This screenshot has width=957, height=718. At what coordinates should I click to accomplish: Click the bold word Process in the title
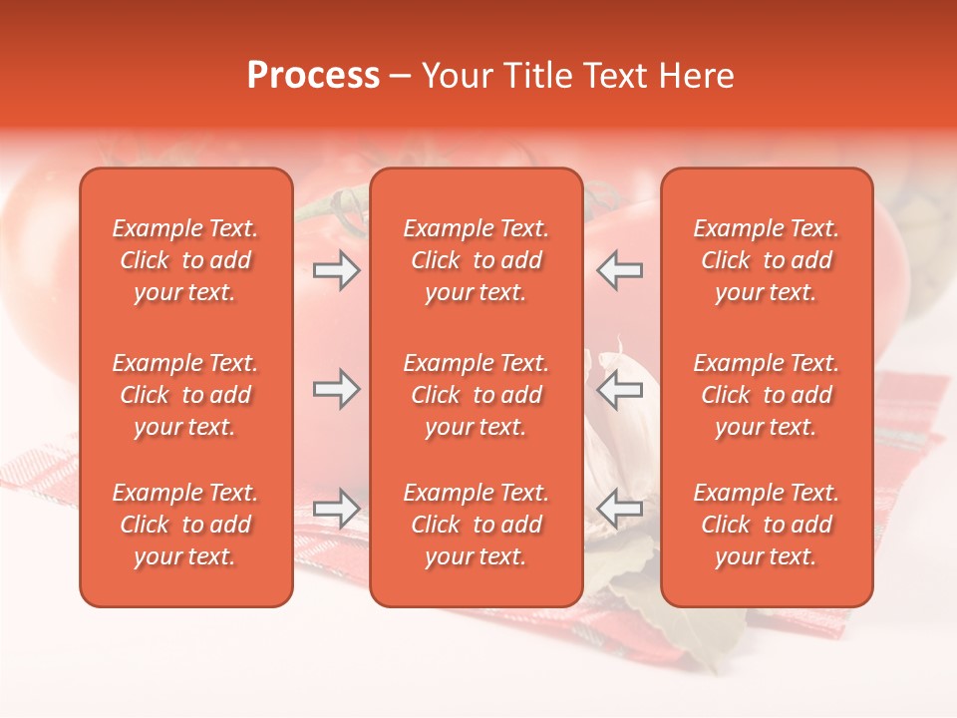click(313, 76)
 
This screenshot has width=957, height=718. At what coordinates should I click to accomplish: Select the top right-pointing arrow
click(336, 270)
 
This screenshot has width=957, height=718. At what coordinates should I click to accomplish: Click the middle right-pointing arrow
click(336, 389)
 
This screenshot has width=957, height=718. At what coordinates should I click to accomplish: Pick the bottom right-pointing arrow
click(336, 508)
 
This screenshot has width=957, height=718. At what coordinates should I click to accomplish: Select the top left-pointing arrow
click(620, 270)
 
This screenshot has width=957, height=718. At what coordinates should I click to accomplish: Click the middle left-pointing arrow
click(620, 389)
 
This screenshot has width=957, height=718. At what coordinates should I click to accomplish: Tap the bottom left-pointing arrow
click(620, 508)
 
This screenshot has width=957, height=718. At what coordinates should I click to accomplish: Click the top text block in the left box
click(185, 260)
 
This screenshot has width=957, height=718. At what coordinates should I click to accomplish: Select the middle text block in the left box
click(185, 395)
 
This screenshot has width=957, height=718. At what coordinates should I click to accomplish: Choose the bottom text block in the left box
click(185, 525)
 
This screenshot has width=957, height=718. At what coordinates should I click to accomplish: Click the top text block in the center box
click(476, 260)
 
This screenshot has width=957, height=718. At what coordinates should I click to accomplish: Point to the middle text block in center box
click(476, 395)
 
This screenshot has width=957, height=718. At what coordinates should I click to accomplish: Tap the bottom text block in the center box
click(476, 525)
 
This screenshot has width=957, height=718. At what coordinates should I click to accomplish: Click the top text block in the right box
click(766, 260)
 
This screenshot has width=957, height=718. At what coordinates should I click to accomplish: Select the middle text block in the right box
click(766, 395)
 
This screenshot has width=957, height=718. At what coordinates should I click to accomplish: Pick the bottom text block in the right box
click(766, 525)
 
